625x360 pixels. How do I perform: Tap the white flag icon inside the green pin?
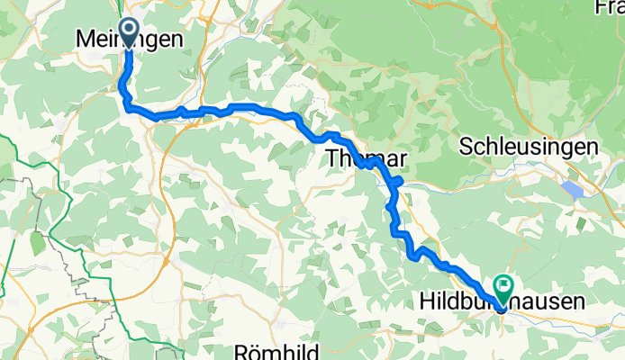click(501, 285)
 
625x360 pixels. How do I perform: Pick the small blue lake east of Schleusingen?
click(574, 190)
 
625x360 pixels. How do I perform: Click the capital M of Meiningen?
click(84, 40)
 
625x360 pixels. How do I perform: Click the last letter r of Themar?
click(403, 159)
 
